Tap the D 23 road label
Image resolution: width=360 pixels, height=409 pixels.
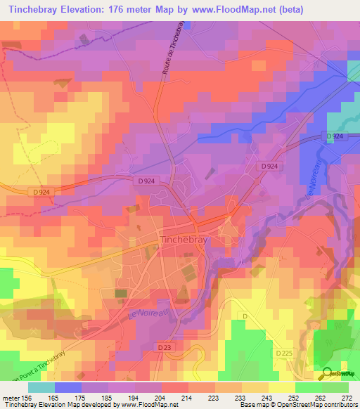(x=165, y=347)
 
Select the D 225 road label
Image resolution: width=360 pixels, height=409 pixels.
(x=284, y=353)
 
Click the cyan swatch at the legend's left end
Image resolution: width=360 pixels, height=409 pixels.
(x=41, y=387)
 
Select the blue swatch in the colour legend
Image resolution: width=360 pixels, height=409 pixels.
(x=68, y=387)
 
